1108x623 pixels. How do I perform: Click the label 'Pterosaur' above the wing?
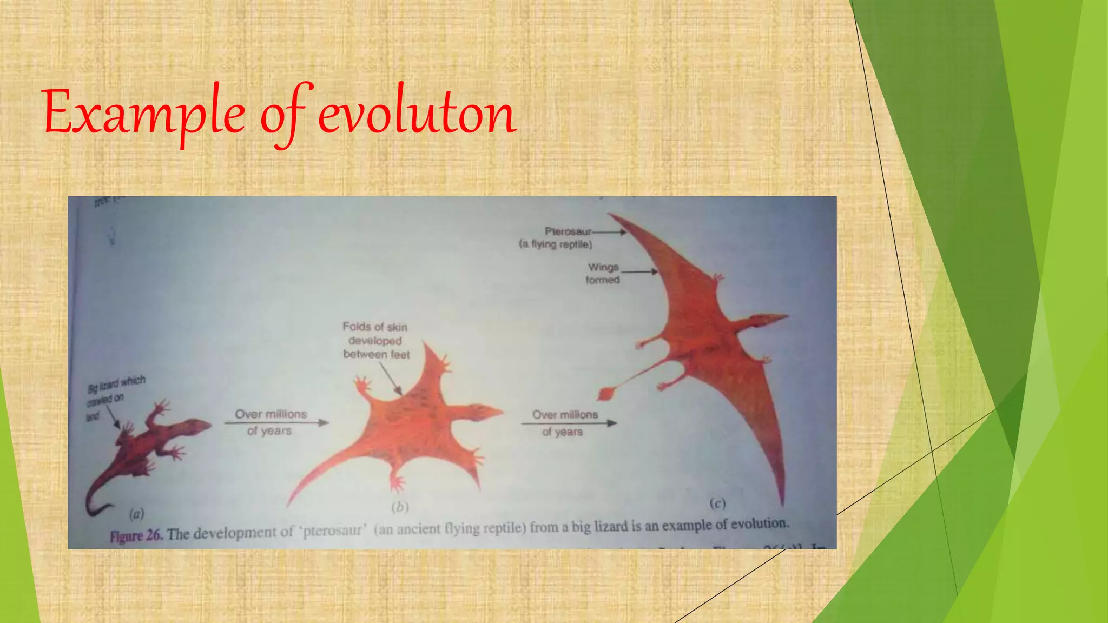pyautogui.click(x=568, y=231)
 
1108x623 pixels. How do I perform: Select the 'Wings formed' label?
pyautogui.click(x=603, y=273)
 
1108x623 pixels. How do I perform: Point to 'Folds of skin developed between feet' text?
pyautogui.click(x=376, y=341)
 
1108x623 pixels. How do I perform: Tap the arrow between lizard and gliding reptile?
pyautogui.click(x=277, y=422)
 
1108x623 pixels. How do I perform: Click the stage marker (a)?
pyautogui.click(x=136, y=513)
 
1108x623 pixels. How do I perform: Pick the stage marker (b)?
pyautogui.click(x=400, y=507)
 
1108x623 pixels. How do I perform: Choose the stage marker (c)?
pyautogui.click(x=717, y=503)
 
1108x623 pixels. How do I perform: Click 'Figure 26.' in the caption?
pyautogui.click(x=136, y=535)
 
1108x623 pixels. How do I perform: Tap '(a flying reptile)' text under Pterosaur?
pyautogui.click(x=556, y=244)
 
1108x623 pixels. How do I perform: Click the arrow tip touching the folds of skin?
pyautogui.click(x=400, y=393)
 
